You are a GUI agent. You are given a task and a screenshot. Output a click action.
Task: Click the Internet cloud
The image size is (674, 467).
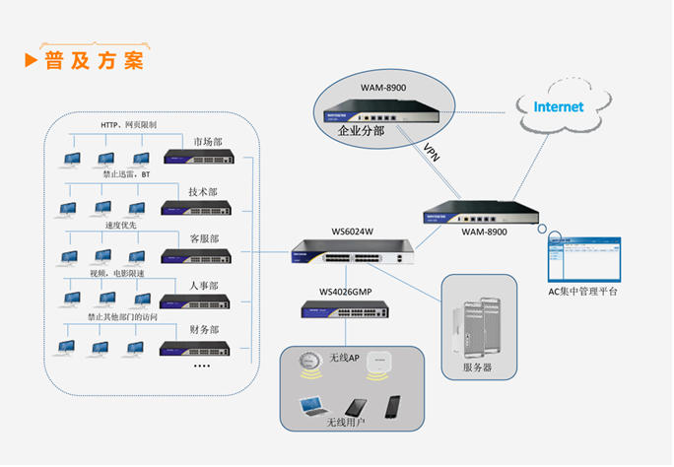[558, 106]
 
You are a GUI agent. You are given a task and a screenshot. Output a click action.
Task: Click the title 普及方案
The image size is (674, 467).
[94, 60]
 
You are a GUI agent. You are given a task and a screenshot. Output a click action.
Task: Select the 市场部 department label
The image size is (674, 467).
[208, 142]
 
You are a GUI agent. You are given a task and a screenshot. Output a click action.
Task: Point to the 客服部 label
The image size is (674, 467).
[203, 239]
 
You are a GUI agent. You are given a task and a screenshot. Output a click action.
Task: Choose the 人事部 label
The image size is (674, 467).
[203, 286]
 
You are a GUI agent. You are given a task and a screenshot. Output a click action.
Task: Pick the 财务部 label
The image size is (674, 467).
[203, 329]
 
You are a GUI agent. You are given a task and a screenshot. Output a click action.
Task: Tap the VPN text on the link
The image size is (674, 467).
[431, 152]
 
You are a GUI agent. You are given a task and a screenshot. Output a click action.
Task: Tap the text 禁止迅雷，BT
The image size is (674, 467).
[126, 174]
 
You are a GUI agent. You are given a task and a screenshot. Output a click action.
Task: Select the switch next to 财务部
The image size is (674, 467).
[196, 349]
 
